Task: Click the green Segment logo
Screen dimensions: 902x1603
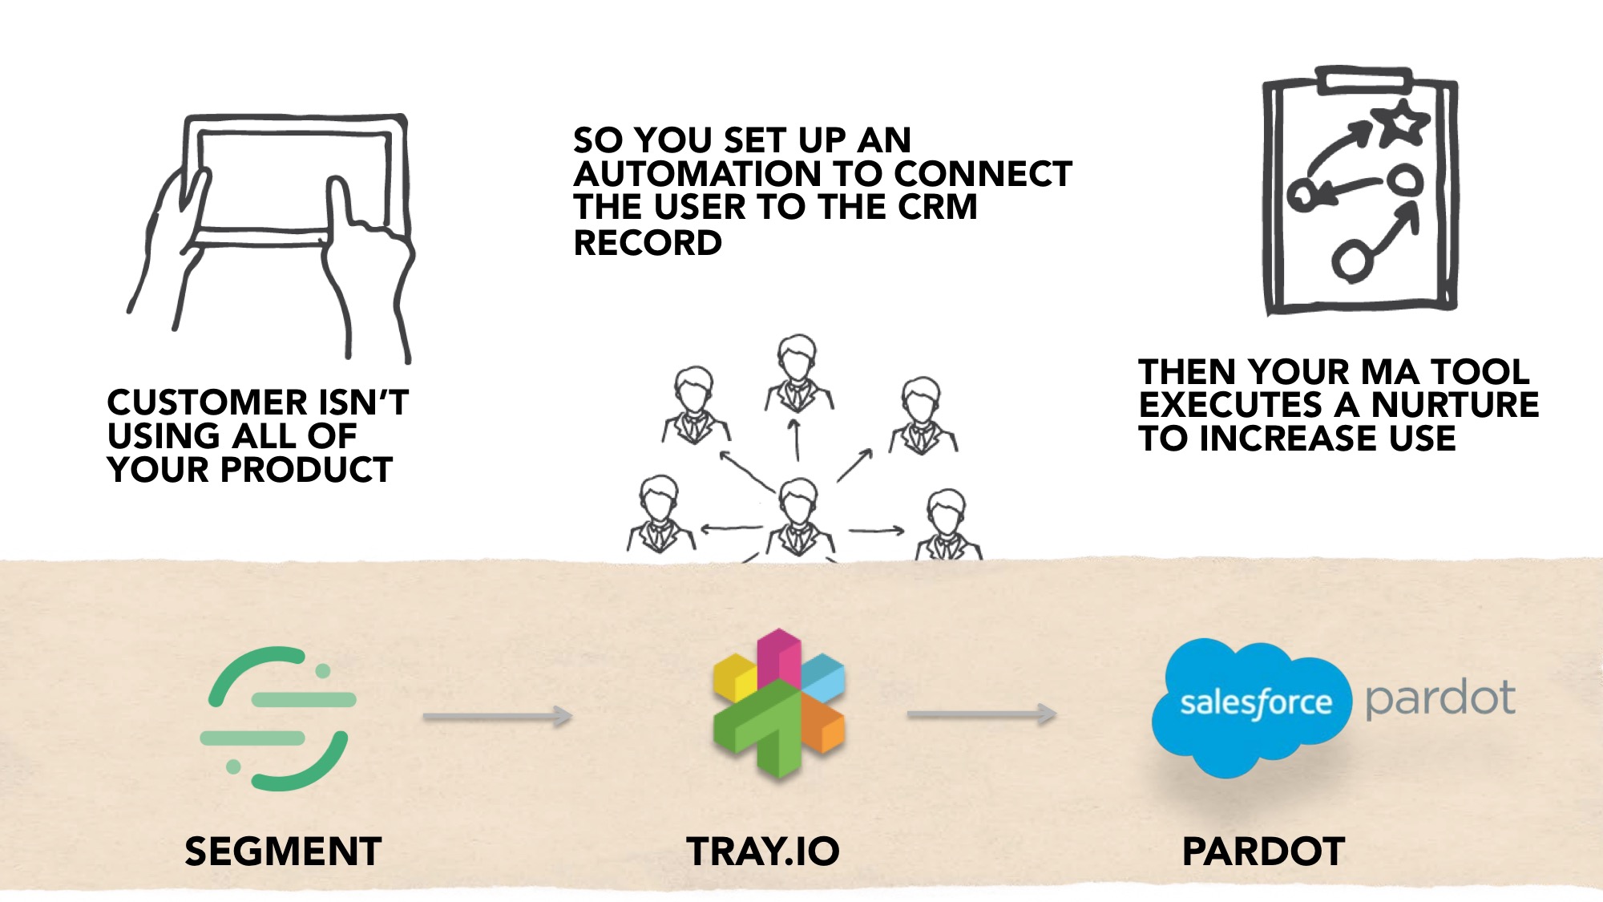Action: click(277, 718)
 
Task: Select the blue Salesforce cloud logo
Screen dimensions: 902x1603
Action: click(1252, 706)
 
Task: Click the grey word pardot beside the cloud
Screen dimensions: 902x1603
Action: click(1440, 698)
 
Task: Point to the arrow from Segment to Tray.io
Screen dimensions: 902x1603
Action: click(497, 716)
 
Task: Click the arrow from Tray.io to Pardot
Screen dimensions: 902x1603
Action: click(981, 714)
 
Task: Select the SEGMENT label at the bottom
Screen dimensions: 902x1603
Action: click(283, 851)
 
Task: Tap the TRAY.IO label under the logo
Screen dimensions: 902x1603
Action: click(763, 851)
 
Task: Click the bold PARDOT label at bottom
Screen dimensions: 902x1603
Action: click(1263, 851)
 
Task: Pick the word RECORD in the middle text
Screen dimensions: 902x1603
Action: click(648, 243)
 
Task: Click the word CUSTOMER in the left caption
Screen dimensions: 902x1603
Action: click(207, 402)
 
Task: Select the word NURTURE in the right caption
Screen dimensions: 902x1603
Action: click(1455, 405)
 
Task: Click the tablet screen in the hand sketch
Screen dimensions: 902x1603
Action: click(293, 180)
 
